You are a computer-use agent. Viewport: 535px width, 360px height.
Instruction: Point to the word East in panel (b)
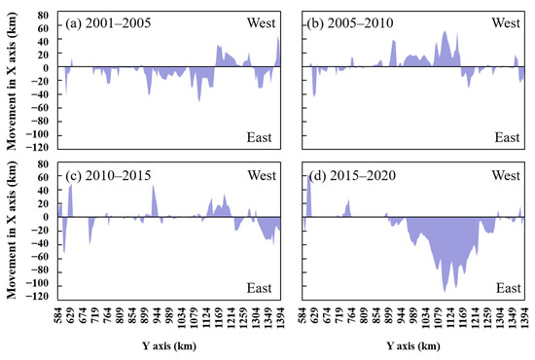click(x=507, y=137)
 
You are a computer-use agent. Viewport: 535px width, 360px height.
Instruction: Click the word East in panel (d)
click(x=507, y=289)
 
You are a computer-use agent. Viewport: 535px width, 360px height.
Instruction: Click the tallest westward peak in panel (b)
click(x=445, y=32)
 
